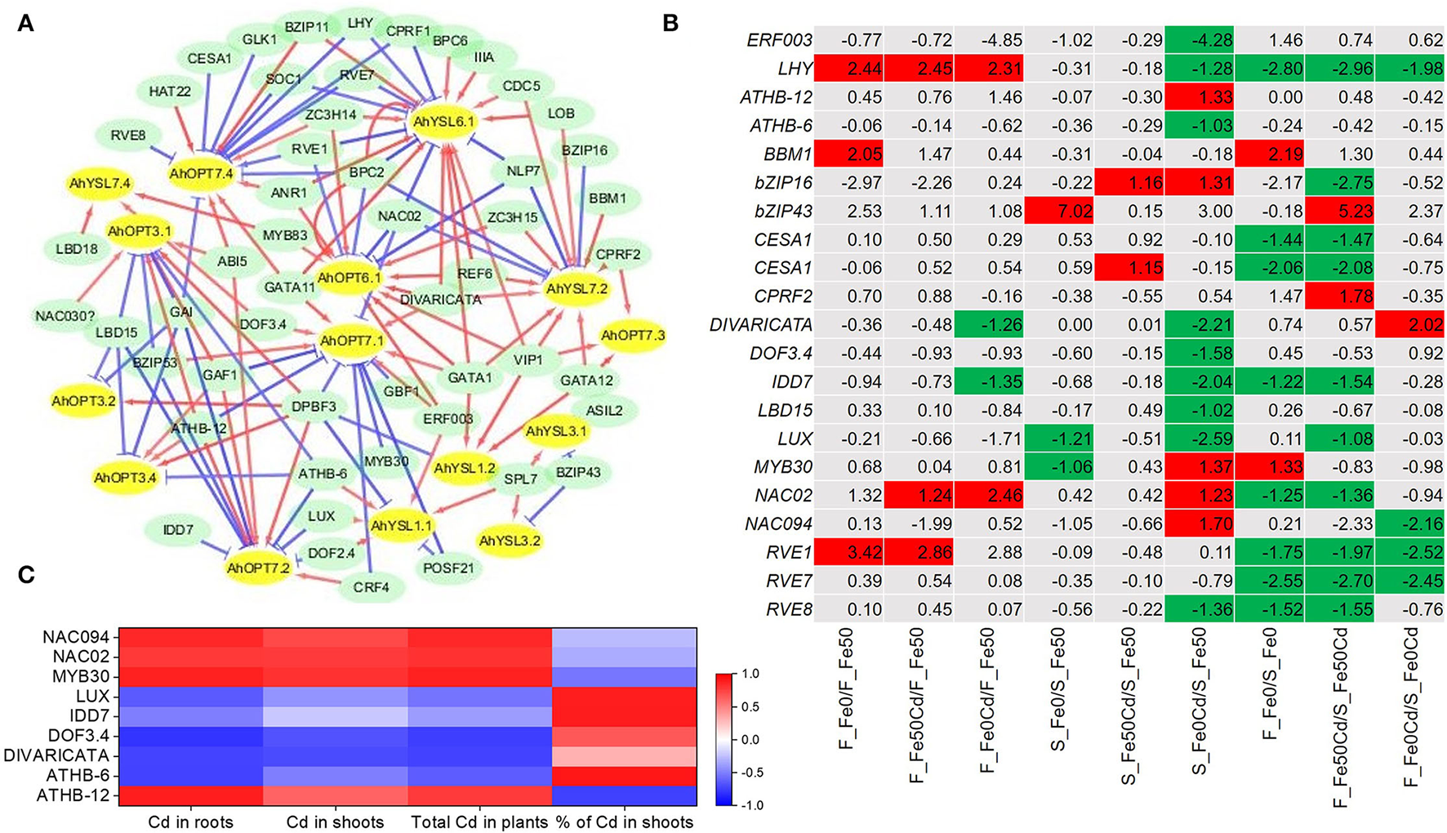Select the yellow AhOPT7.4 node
(x=201, y=173)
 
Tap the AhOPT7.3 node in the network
(x=633, y=335)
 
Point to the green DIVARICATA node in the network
(x=441, y=300)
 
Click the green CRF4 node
(x=371, y=587)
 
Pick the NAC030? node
(x=65, y=315)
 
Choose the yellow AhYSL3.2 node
(x=510, y=541)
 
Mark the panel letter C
(x=25, y=575)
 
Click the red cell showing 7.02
(x=1058, y=212)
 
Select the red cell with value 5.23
(x=1340, y=212)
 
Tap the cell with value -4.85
(x=988, y=40)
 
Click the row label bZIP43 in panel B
(x=781, y=212)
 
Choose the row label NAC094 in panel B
(x=777, y=524)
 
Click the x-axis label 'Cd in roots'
(x=190, y=822)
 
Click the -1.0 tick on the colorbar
(x=752, y=805)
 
